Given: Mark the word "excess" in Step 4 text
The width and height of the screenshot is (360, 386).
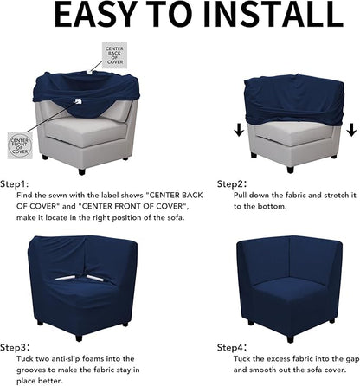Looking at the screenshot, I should [286, 358].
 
